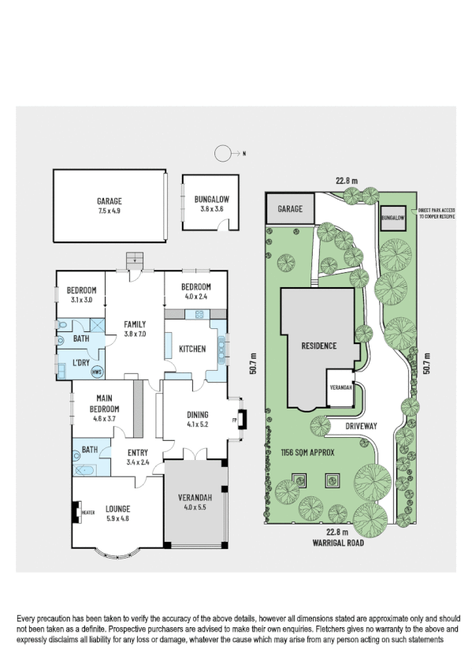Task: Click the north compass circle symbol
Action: [x=225, y=153]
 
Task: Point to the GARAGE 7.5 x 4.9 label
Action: [x=110, y=207]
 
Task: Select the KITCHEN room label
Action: [x=192, y=349]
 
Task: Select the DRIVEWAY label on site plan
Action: [x=362, y=425]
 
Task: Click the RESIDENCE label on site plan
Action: [x=318, y=346]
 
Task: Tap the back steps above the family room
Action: [x=135, y=259]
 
